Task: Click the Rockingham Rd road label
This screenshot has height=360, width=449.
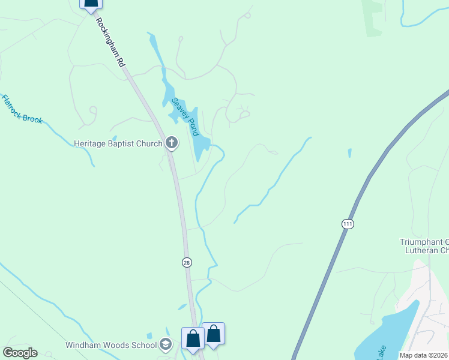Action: [x=111, y=41]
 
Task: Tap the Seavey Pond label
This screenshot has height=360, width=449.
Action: [x=185, y=117]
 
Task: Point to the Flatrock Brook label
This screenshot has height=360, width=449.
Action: [x=22, y=109]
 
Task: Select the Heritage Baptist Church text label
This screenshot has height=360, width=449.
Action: [x=118, y=143]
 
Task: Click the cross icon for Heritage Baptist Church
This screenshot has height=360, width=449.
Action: [x=172, y=143]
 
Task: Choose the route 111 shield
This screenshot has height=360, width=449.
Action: [x=348, y=224]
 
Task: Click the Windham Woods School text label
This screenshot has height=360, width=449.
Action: [x=112, y=345]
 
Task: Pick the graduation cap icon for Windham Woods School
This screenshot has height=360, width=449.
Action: [x=166, y=344]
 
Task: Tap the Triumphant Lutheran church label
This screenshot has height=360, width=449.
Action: [x=424, y=246]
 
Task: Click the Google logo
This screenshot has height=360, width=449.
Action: [x=20, y=353]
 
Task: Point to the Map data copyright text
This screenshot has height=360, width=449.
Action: [x=423, y=355]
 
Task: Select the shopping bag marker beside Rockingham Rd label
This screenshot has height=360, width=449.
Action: [x=91, y=3]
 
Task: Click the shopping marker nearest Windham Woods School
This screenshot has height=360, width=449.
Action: [x=193, y=338]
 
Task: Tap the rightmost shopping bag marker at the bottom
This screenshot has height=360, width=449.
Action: [x=213, y=334]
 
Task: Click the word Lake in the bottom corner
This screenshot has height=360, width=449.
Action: [x=381, y=352]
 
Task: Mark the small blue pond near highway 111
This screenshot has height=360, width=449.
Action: [x=349, y=153]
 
